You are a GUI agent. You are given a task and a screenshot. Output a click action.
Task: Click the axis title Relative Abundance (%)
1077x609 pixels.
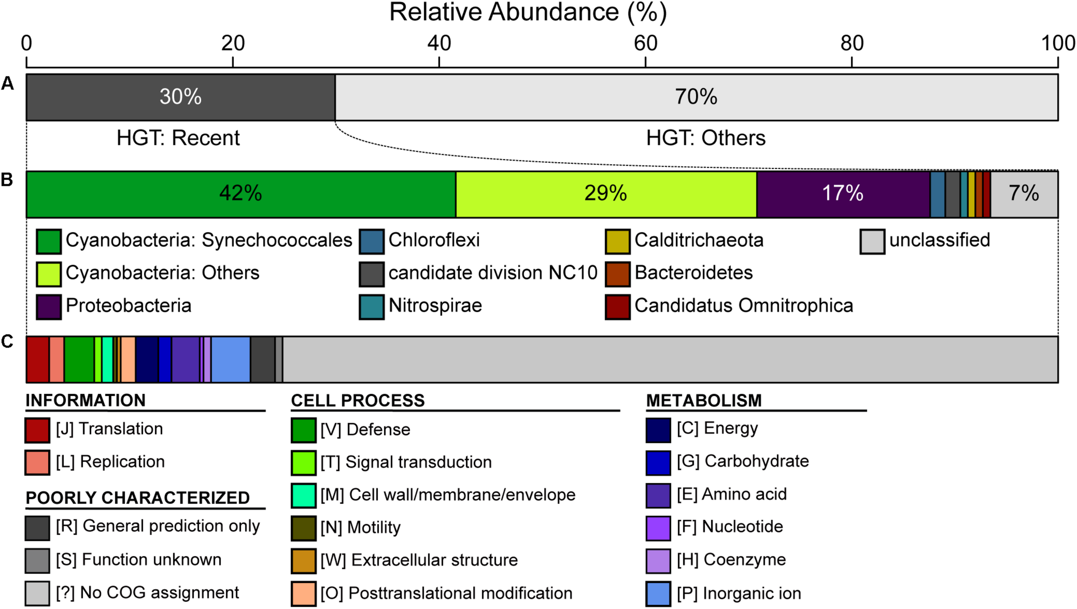click(x=528, y=12)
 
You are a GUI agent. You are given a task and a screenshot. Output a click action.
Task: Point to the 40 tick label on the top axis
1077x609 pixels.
click(x=439, y=43)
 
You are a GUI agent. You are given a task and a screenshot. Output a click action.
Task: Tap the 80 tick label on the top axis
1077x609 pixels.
click(x=852, y=43)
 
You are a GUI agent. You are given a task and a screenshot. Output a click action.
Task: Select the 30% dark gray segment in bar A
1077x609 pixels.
click(x=181, y=97)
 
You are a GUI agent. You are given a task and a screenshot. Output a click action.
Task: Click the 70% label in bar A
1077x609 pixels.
click(x=696, y=97)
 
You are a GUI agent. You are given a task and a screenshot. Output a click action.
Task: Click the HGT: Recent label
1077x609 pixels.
click(x=178, y=138)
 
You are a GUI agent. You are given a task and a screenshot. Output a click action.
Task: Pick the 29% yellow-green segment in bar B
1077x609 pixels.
click(x=606, y=194)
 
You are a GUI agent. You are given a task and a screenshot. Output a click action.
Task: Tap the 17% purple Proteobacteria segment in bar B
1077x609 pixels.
click(x=843, y=194)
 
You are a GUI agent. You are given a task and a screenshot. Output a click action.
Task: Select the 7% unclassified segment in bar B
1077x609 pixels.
click(x=1024, y=194)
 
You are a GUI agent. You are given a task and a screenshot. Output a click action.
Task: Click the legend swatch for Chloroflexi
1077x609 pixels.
click(x=371, y=241)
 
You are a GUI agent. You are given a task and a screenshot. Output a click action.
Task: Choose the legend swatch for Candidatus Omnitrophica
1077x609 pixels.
click(x=617, y=307)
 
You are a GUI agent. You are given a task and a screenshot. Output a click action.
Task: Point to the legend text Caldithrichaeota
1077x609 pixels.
click(x=699, y=240)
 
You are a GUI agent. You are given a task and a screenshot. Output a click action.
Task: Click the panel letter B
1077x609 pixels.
click(x=7, y=180)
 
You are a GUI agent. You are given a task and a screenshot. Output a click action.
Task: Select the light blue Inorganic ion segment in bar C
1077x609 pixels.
click(x=230, y=359)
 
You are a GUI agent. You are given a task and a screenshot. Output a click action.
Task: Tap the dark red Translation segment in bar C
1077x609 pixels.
click(x=37, y=359)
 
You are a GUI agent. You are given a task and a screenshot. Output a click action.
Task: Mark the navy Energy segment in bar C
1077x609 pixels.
click(x=147, y=359)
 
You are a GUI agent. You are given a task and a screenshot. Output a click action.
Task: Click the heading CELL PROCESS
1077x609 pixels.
click(x=358, y=401)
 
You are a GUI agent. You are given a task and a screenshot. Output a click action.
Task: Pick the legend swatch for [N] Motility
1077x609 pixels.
click(x=303, y=528)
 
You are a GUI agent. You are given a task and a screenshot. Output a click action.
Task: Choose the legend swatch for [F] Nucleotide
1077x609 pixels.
click(x=658, y=528)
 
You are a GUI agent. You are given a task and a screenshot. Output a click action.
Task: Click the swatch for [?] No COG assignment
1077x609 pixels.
click(x=37, y=593)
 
